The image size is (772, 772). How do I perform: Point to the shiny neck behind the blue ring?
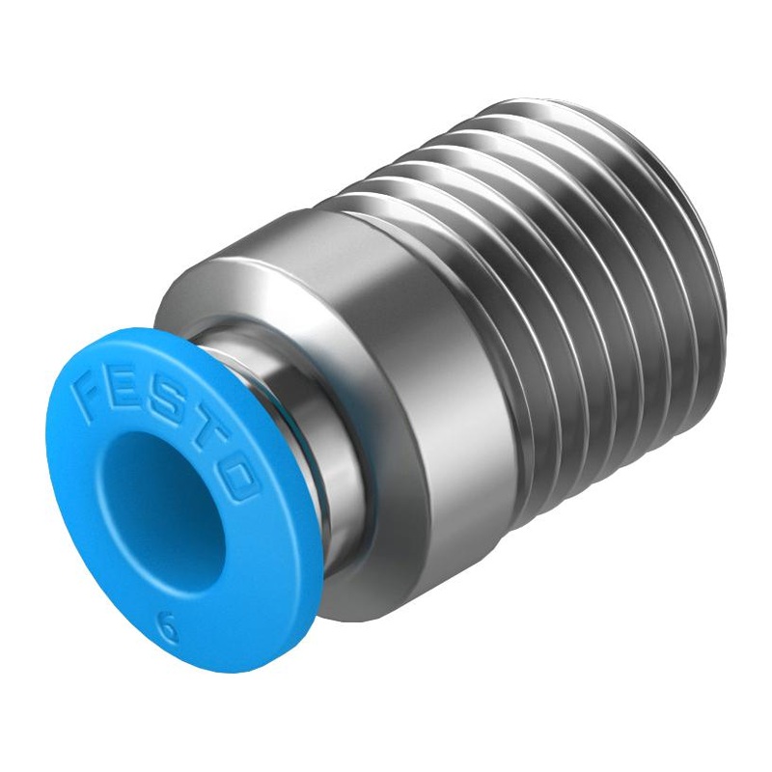(x=289, y=405)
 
